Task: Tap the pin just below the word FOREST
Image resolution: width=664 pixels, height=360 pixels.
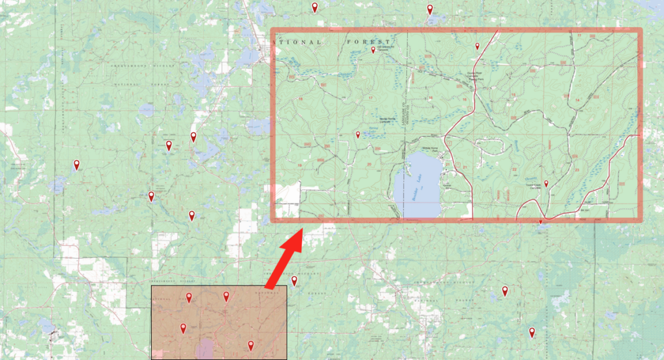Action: [x=373, y=50]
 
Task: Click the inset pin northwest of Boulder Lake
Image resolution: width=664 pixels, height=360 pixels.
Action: [x=358, y=135]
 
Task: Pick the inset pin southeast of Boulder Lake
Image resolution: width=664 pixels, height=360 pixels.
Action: [x=546, y=184]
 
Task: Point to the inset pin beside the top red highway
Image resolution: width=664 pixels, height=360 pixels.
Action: [x=477, y=46]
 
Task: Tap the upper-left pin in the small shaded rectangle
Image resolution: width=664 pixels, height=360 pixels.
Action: [x=189, y=297]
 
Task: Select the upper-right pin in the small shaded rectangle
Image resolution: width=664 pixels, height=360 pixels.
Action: [x=226, y=296]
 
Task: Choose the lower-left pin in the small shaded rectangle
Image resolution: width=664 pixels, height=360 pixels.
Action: [x=183, y=328]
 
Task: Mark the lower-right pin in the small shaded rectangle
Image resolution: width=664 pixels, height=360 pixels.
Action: [x=250, y=346]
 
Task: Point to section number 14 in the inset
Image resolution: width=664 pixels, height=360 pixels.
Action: [x=576, y=99]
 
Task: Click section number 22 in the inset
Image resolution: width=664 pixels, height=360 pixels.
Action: [x=514, y=170]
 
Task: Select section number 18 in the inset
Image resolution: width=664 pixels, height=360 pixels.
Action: [x=301, y=99]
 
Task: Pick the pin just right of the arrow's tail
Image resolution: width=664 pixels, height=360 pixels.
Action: [x=294, y=281]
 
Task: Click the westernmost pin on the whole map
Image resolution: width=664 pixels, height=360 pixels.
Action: [x=77, y=165]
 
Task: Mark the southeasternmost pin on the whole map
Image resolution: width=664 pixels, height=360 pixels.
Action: [x=532, y=333]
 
